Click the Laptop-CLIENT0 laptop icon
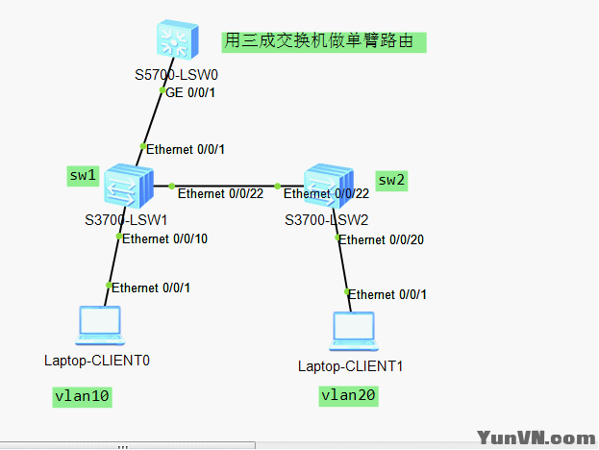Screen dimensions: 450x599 99,326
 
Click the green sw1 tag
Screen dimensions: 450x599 83,175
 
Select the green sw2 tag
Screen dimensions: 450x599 391,180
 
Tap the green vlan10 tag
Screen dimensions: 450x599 82,395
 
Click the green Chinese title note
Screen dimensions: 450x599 323,41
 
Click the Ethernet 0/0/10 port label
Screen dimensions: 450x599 164,238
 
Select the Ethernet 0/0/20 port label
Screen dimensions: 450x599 381,239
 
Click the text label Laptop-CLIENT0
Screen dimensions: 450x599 97,361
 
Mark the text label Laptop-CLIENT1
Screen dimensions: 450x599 350,366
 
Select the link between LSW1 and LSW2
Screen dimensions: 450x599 223,186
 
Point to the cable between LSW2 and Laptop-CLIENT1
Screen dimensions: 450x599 341,265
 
